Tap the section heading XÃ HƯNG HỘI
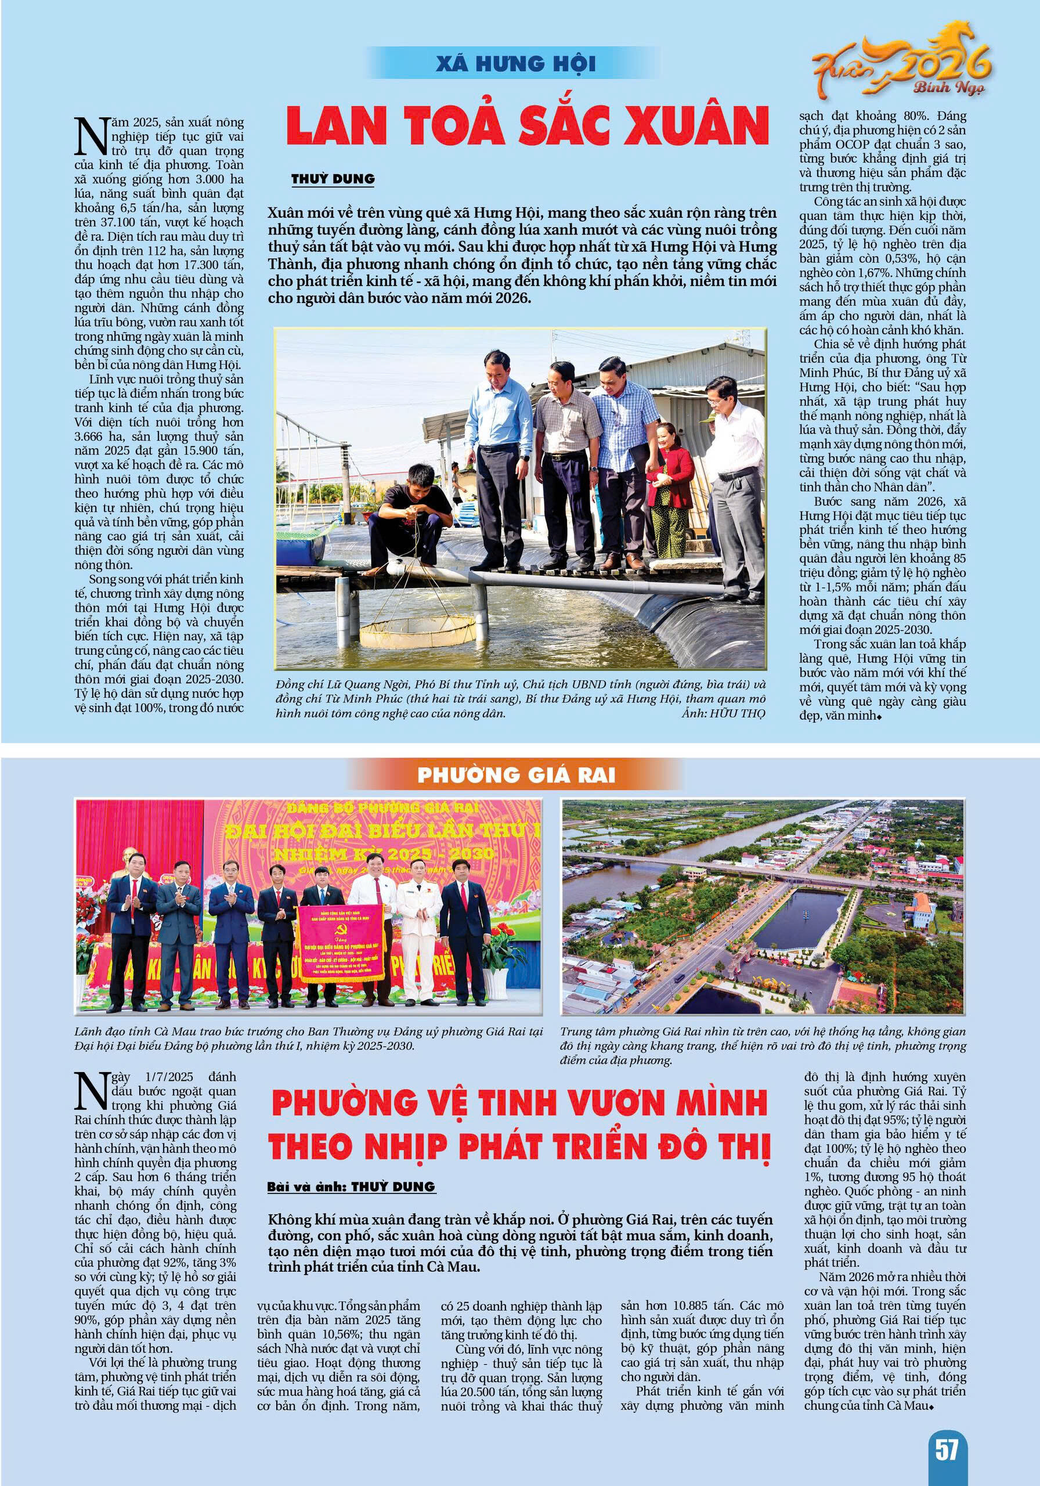[x=515, y=64]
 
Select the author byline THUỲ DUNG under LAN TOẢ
[x=333, y=179]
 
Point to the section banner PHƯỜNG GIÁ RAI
[x=516, y=776]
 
